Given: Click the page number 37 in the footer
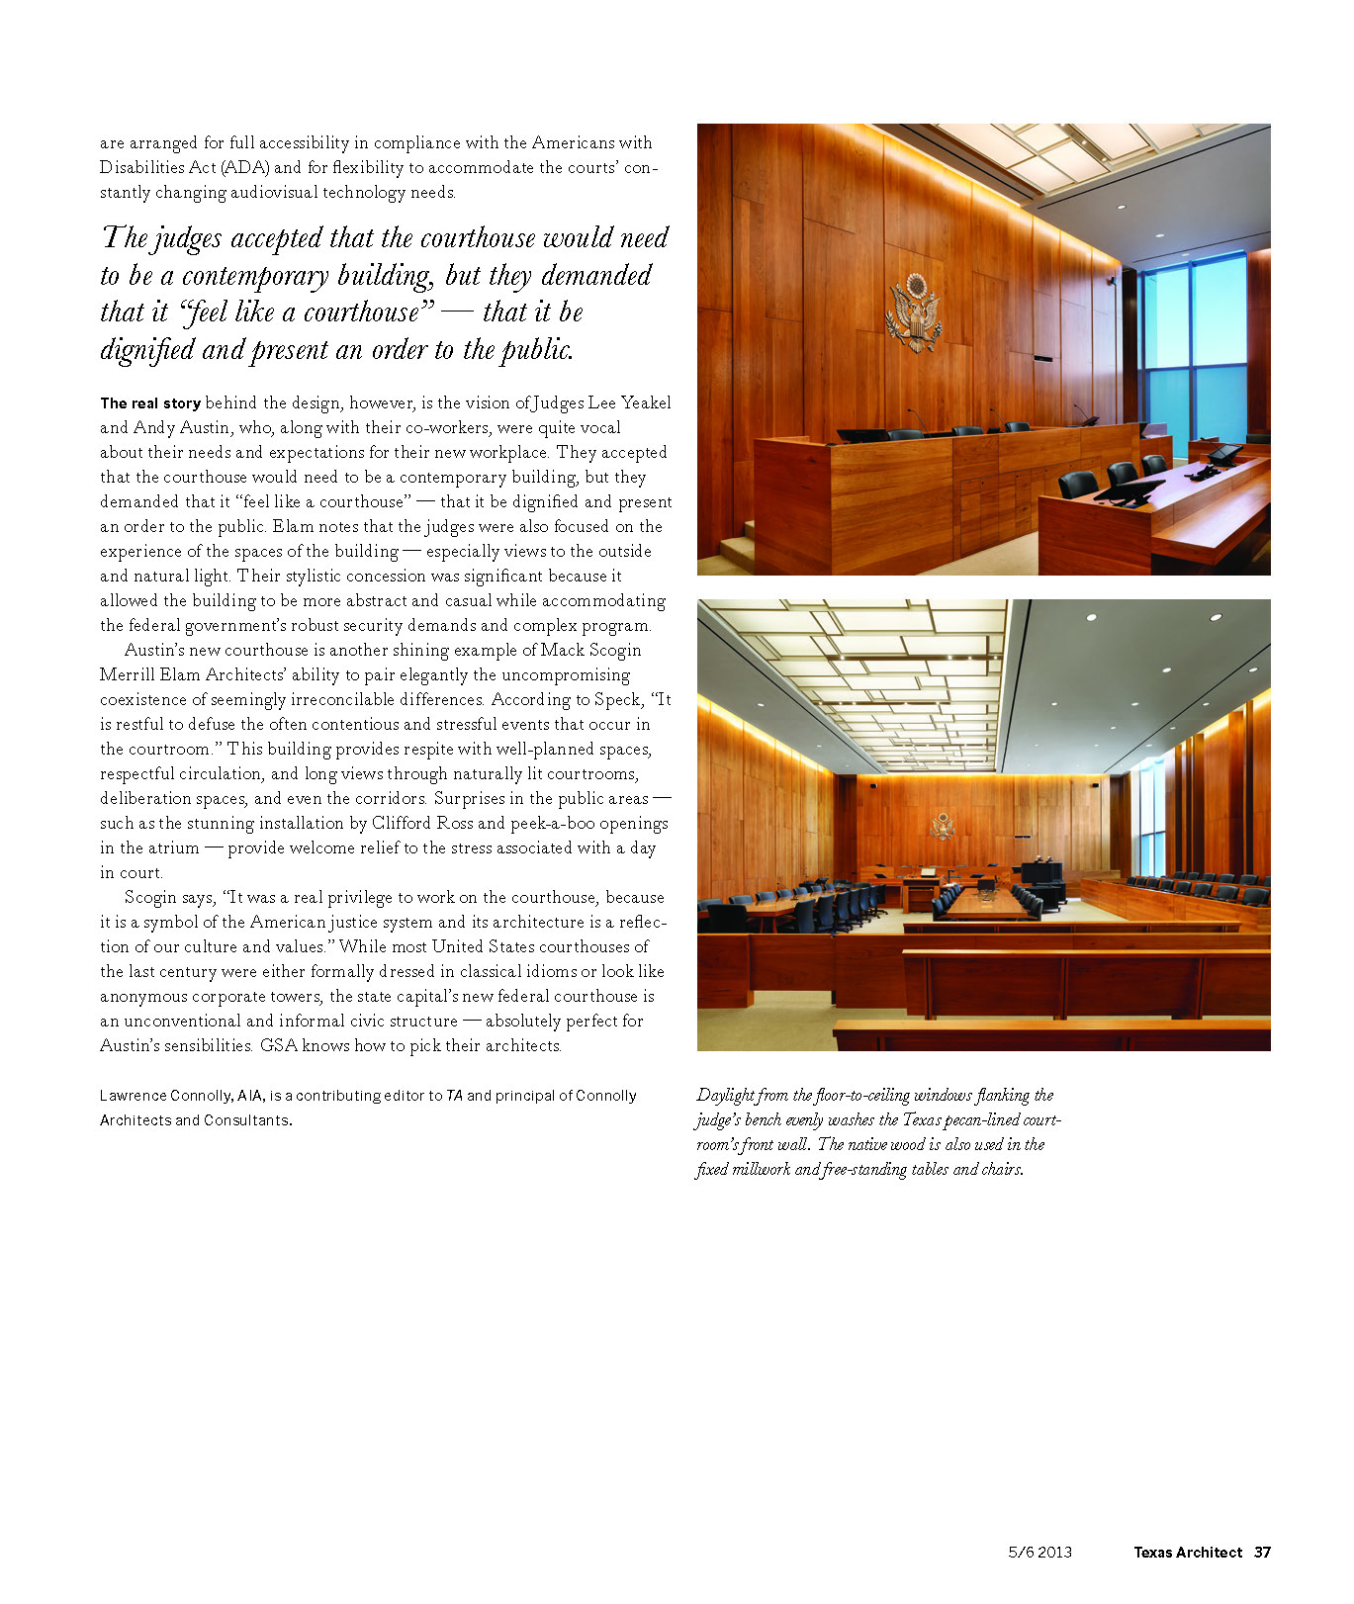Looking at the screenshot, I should tap(1262, 1552).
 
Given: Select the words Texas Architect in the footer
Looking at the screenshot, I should tap(1187, 1552).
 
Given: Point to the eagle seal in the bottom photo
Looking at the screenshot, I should tap(943, 826).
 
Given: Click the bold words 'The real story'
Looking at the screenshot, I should tap(150, 403).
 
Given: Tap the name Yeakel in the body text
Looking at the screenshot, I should tap(645, 403).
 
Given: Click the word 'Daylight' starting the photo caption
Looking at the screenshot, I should tap(726, 1096).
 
